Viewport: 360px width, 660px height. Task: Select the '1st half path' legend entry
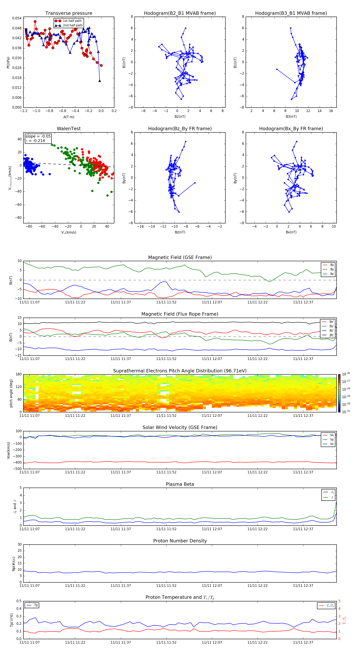pos(72,21)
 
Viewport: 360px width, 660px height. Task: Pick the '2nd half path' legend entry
pos(73,25)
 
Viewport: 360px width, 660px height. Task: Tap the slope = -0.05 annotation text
pos(38,136)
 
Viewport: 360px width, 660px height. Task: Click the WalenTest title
pos(69,129)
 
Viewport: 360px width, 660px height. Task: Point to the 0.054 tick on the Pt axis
pos(17,18)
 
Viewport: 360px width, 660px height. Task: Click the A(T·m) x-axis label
pos(69,117)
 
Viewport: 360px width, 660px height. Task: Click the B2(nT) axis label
pos(180,117)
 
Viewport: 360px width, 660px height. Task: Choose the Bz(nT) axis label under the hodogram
pos(180,232)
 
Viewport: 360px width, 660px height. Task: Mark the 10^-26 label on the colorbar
pos(346,374)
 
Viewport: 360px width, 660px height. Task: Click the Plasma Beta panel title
pos(180,484)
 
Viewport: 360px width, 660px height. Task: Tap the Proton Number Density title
pos(180,541)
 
